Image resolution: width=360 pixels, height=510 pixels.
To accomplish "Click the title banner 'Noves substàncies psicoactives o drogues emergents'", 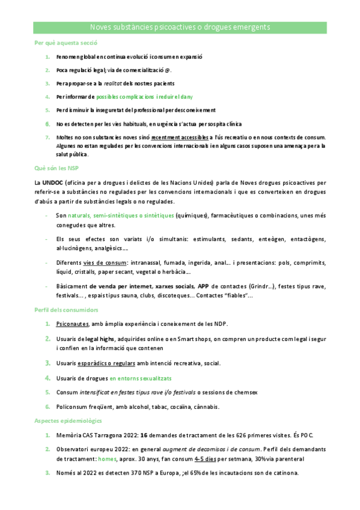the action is (180, 28).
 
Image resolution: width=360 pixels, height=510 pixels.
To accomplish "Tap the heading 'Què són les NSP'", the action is (57, 168).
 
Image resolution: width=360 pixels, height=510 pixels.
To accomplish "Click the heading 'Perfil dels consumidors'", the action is (66, 310).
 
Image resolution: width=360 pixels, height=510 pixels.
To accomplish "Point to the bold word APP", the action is (203, 285).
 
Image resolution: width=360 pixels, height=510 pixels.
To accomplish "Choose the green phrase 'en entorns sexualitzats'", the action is (141, 378).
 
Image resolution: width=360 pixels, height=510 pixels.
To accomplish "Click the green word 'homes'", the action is (107, 459).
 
